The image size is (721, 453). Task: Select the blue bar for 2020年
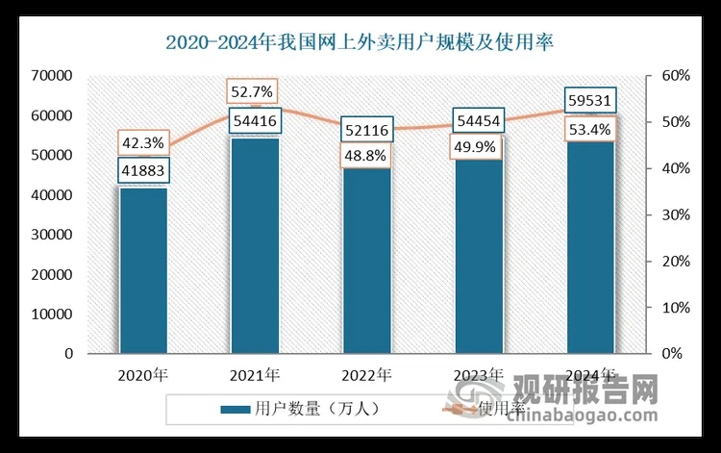tap(143, 274)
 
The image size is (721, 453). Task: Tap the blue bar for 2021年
tap(255, 250)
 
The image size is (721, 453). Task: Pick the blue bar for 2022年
tap(366, 264)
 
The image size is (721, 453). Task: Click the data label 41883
tap(143, 170)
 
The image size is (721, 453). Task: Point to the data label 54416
tap(255, 122)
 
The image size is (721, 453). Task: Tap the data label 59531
tap(589, 100)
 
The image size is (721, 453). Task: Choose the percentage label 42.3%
tap(143, 143)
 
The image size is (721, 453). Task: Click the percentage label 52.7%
tap(254, 92)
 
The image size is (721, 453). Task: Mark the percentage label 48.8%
tap(366, 154)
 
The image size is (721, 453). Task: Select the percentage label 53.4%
tap(589, 127)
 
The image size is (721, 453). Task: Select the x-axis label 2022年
tap(366, 374)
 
